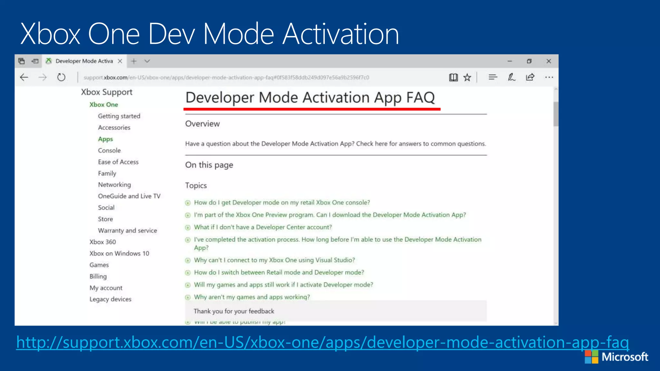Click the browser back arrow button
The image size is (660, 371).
click(24, 77)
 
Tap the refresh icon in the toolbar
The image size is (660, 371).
click(61, 77)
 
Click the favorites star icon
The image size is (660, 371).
click(467, 77)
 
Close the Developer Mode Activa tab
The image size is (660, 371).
click(120, 61)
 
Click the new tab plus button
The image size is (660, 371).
click(134, 61)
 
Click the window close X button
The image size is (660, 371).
click(548, 61)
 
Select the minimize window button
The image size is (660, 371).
click(510, 61)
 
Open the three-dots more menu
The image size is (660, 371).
click(549, 77)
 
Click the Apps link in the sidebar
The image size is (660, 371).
click(105, 139)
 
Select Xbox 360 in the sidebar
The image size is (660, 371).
click(102, 242)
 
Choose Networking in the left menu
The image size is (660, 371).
click(114, 185)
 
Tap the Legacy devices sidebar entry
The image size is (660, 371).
click(110, 299)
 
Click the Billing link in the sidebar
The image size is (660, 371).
click(98, 276)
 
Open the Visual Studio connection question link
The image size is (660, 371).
click(274, 260)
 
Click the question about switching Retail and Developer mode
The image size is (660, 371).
click(279, 272)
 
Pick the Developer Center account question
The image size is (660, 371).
click(263, 227)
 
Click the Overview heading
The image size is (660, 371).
click(202, 124)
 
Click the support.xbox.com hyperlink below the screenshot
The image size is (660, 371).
click(322, 342)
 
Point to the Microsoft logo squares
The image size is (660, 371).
click(591, 357)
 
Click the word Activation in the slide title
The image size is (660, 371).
click(341, 34)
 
